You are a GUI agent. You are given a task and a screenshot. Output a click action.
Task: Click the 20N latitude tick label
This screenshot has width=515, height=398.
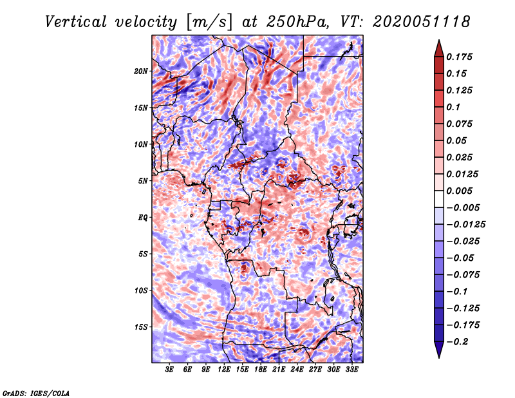[140, 71]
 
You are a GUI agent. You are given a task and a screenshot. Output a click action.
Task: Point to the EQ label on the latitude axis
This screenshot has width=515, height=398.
[142, 218]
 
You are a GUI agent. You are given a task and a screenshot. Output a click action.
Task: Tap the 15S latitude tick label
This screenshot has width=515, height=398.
[141, 327]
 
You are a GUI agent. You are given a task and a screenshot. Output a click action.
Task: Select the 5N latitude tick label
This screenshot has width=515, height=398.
[143, 181]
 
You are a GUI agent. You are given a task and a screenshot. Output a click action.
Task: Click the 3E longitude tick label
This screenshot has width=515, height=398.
[169, 369]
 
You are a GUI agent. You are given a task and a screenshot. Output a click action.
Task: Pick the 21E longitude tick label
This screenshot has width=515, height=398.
[279, 369]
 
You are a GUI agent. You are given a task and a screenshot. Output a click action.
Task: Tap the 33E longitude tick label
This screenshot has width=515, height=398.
[351, 369]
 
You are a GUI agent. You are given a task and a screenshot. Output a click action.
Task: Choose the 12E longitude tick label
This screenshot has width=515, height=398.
[223, 369]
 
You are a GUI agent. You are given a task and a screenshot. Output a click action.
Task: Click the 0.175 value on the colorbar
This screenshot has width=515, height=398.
[459, 57]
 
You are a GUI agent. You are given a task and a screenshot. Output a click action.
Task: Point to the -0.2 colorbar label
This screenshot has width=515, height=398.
[457, 342]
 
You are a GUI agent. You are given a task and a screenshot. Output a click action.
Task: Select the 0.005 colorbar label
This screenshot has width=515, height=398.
[459, 191]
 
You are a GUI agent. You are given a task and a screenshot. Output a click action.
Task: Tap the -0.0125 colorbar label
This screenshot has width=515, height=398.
[465, 225]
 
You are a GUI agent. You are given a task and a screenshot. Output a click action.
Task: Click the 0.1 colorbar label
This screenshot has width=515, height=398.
[453, 107]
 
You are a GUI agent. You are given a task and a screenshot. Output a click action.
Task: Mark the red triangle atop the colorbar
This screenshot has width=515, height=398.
[439, 48]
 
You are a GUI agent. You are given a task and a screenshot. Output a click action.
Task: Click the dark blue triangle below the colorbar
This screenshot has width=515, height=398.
[439, 350]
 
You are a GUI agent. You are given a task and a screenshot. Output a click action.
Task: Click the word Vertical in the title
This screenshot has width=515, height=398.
[76, 22]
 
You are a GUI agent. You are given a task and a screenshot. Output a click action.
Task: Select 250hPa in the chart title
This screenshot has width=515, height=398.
[297, 22]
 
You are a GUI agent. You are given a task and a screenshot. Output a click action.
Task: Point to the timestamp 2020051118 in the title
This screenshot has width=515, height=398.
[422, 22]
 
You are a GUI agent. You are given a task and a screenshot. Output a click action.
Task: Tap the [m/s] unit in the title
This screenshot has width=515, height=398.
[209, 22]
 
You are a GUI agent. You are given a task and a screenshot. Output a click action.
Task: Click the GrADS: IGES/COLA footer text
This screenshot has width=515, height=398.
[36, 393]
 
